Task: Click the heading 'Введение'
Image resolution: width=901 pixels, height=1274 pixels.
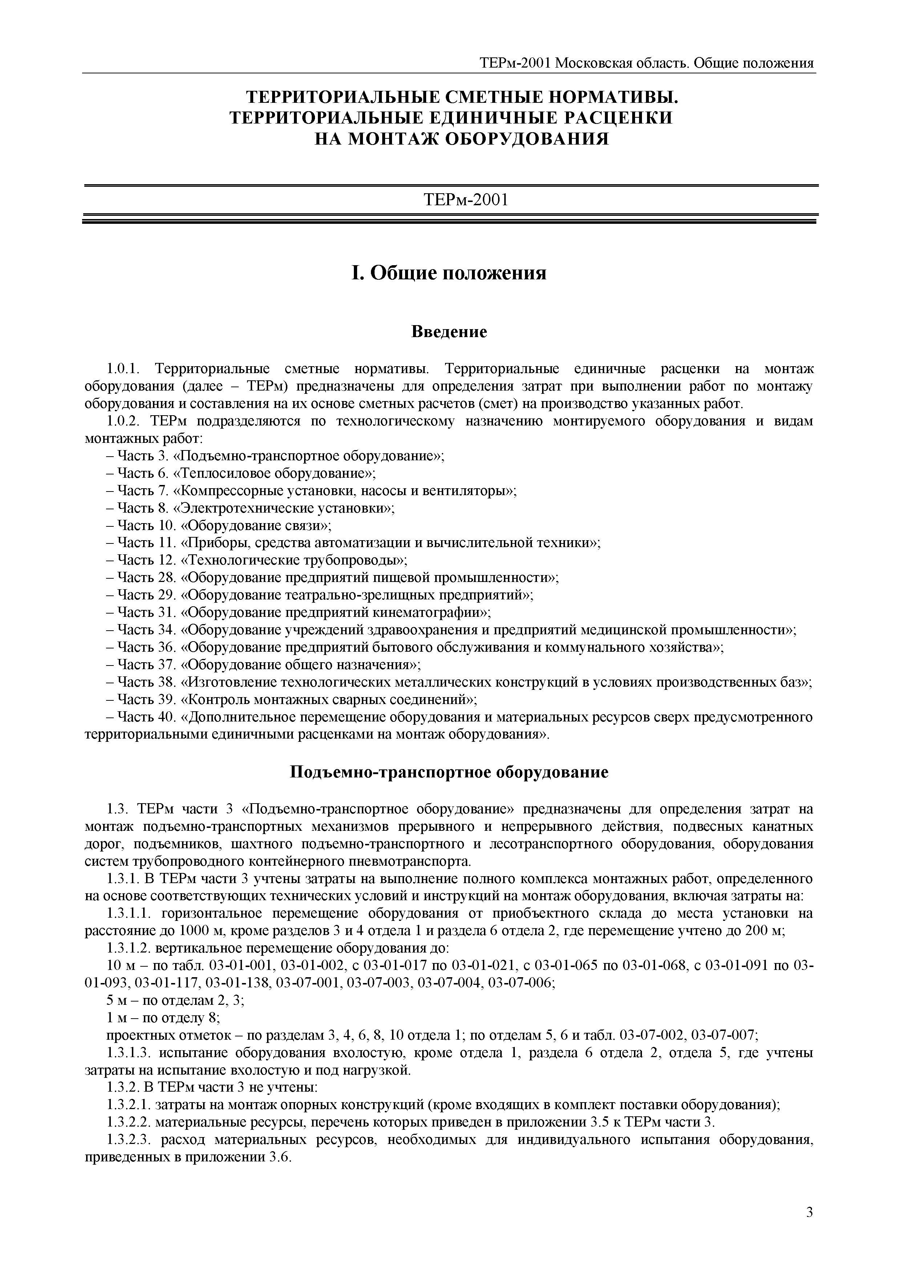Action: tap(449, 332)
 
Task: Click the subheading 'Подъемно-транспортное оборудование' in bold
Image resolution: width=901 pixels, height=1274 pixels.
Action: tap(449, 772)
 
